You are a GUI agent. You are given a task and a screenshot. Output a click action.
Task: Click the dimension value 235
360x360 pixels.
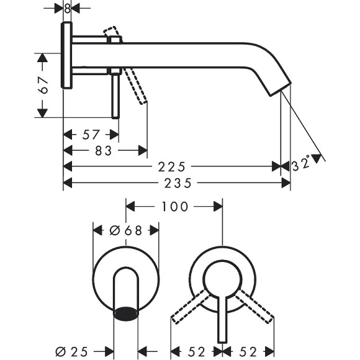(178, 183)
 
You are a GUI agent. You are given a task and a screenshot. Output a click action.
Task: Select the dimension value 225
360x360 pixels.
(172, 166)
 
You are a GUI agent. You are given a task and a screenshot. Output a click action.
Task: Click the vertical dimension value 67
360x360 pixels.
(43, 85)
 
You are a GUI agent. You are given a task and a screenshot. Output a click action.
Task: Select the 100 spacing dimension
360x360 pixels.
(174, 206)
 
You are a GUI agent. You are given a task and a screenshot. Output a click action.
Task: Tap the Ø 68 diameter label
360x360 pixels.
(126, 230)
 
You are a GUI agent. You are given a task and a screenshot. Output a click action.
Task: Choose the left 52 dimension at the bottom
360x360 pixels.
(197, 351)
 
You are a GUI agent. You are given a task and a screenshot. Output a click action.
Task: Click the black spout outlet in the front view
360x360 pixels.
(127, 312)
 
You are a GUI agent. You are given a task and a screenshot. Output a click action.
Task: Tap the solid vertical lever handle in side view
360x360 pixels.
(115, 93)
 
